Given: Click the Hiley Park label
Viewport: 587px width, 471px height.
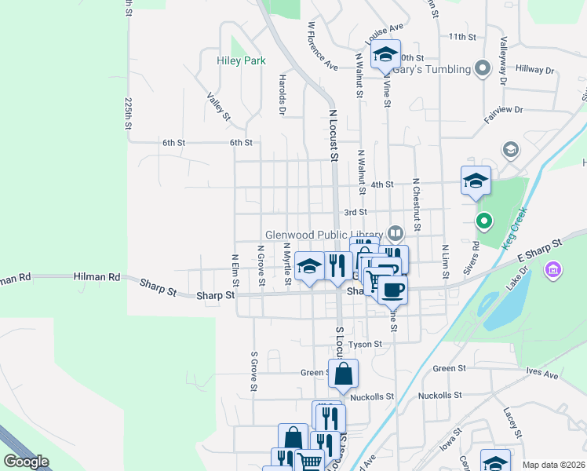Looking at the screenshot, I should (242, 60).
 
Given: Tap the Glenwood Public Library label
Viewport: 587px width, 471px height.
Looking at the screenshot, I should (324, 234).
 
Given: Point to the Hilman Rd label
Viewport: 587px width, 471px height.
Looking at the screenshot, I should (97, 277).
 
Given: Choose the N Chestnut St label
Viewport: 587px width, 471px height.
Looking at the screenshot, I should (416, 205).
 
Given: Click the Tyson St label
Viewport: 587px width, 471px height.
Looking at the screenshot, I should (365, 344).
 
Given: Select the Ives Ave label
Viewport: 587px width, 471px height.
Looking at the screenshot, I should (542, 375).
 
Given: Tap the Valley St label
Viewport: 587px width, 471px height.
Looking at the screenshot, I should (219, 107).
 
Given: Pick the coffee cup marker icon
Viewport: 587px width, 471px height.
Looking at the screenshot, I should (392, 289).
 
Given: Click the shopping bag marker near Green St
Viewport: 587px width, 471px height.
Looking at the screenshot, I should (343, 374).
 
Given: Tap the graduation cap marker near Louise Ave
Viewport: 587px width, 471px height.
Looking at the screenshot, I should (385, 55).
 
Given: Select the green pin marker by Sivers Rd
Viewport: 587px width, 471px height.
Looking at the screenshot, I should (484, 221).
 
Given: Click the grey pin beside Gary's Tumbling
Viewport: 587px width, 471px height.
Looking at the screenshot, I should (483, 69).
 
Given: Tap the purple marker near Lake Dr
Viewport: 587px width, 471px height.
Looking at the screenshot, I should (554, 270).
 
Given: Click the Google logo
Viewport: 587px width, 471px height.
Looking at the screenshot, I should (26, 462).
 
